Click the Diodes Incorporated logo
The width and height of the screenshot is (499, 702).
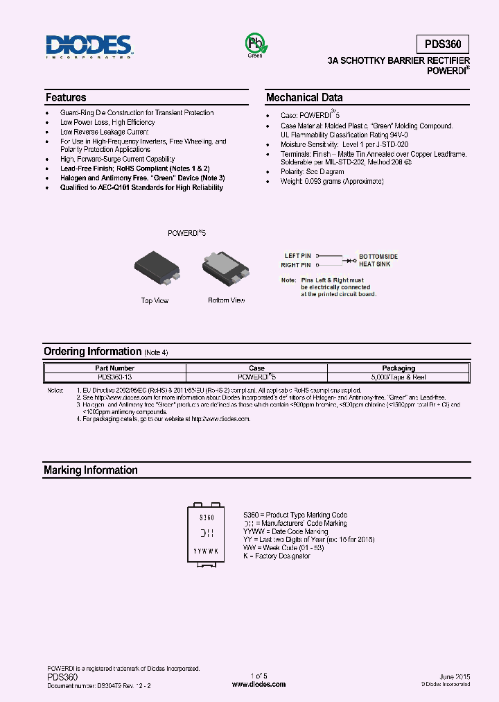click(x=89, y=47)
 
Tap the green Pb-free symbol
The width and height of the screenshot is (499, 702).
click(x=255, y=44)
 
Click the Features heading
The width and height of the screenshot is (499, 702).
click(x=66, y=98)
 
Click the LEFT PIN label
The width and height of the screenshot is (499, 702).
click(x=297, y=257)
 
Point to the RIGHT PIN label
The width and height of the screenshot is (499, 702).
click(x=295, y=265)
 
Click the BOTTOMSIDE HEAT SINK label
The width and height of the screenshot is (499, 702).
click(x=378, y=260)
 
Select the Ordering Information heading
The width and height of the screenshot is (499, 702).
click(x=92, y=352)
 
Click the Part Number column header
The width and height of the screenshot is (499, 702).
click(x=115, y=368)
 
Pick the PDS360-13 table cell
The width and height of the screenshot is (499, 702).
click(x=115, y=377)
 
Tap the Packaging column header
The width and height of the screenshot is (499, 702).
click(x=399, y=368)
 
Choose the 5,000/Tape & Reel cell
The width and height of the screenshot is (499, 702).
click(x=399, y=377)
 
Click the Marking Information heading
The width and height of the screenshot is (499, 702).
click(x=90, y=470)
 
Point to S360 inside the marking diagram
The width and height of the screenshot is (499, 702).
click(x=207, y=517)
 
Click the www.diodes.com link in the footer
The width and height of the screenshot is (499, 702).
click(x=259, y=684)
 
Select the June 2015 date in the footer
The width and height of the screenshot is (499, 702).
click(x=455, y=676)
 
